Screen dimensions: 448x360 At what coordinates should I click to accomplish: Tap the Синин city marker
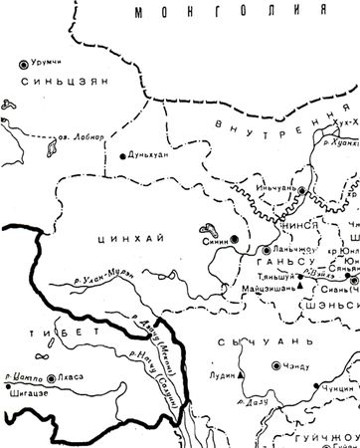pyautogui.click(x=235, y=239)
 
